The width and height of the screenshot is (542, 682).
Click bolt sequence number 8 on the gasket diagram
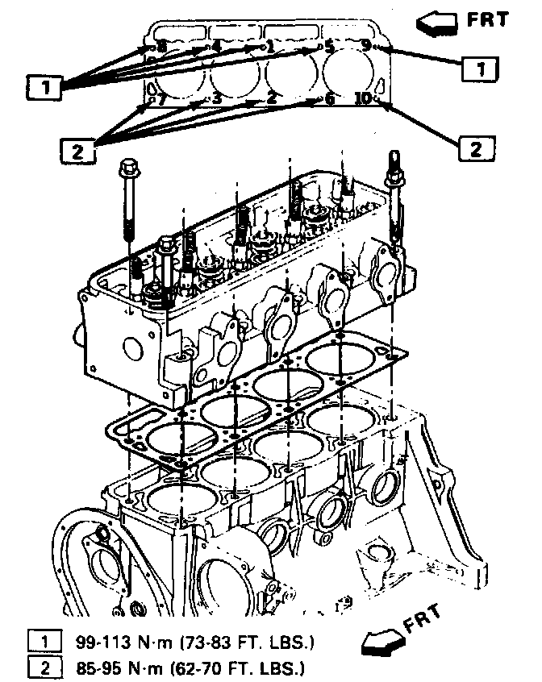[161, 47]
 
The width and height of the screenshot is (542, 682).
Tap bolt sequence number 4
[216, 47]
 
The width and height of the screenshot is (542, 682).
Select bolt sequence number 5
[329, 47]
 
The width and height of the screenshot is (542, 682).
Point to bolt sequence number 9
[367, 46]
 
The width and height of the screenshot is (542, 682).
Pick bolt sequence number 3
[216, 99]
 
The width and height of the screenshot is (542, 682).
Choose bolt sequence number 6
[329, 99]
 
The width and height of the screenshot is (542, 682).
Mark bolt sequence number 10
[364, 98]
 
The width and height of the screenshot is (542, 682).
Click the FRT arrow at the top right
[435, 23]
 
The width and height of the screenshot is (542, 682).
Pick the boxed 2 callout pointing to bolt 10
[476, 148]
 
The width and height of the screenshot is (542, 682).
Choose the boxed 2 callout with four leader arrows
[76, 149]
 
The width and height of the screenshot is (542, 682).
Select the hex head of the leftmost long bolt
[127, 169]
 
